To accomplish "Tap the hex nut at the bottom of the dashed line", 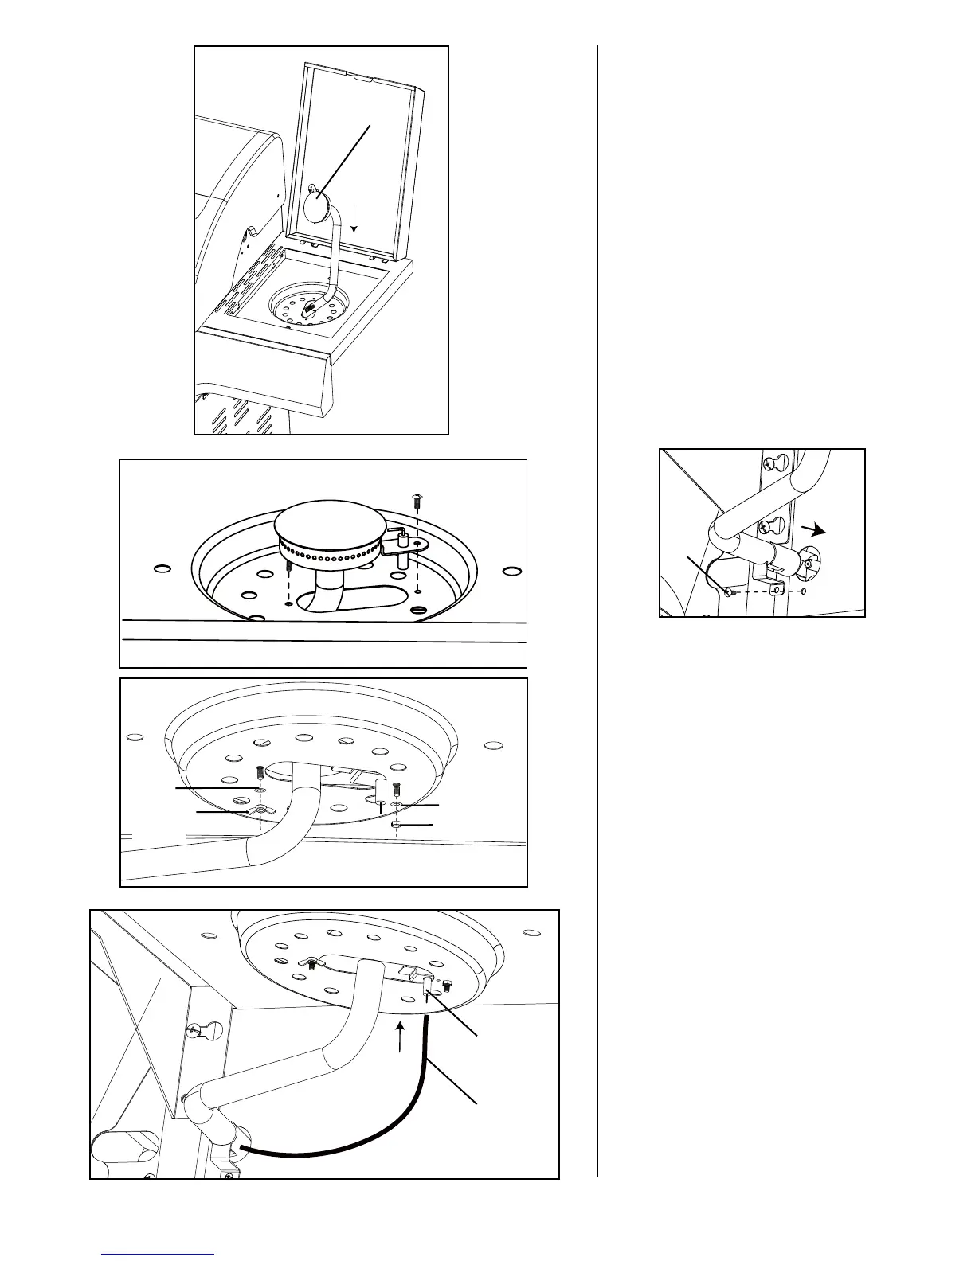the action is tap(396, 826).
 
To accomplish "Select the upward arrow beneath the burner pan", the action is tap(401, 1038).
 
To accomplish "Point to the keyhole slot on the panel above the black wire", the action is tap(194, 1033).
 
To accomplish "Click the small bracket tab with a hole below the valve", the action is tap(777, 588).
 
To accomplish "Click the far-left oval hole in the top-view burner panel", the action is tap(162, 569).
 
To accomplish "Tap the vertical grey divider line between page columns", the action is tap(597, 605).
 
